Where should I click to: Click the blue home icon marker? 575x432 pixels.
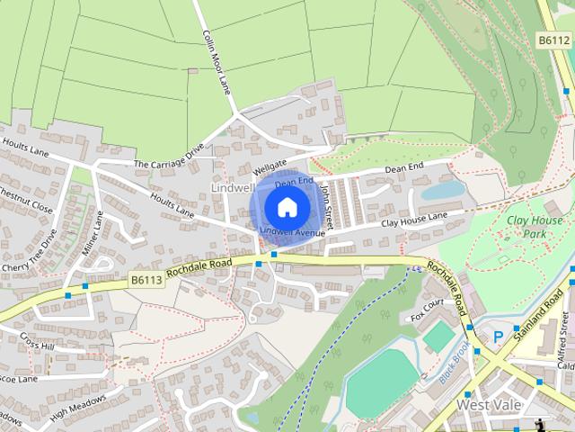click(286, 208)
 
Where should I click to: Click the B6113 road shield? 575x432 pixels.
click(146, 281)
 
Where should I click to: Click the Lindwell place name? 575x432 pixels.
click(233, 187)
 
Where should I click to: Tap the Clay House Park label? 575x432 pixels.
click(535, 227)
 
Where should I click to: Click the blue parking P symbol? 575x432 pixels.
click(499, 337)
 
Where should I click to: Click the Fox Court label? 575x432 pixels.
click(428, 310)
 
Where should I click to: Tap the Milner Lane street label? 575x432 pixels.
click(93, 233)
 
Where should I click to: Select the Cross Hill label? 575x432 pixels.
click(38, 345)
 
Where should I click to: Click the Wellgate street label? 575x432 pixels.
click(268, 167)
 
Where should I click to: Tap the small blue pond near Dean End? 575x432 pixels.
click(443, 191)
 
